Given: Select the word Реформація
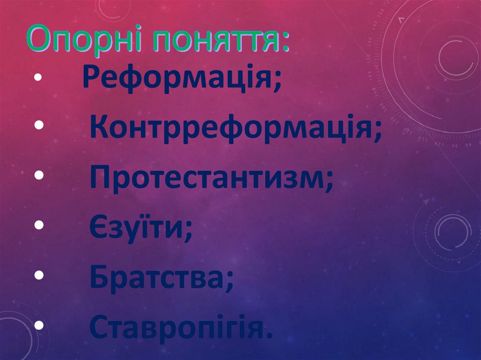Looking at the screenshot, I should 178,78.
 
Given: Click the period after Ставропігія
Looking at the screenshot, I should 268,336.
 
